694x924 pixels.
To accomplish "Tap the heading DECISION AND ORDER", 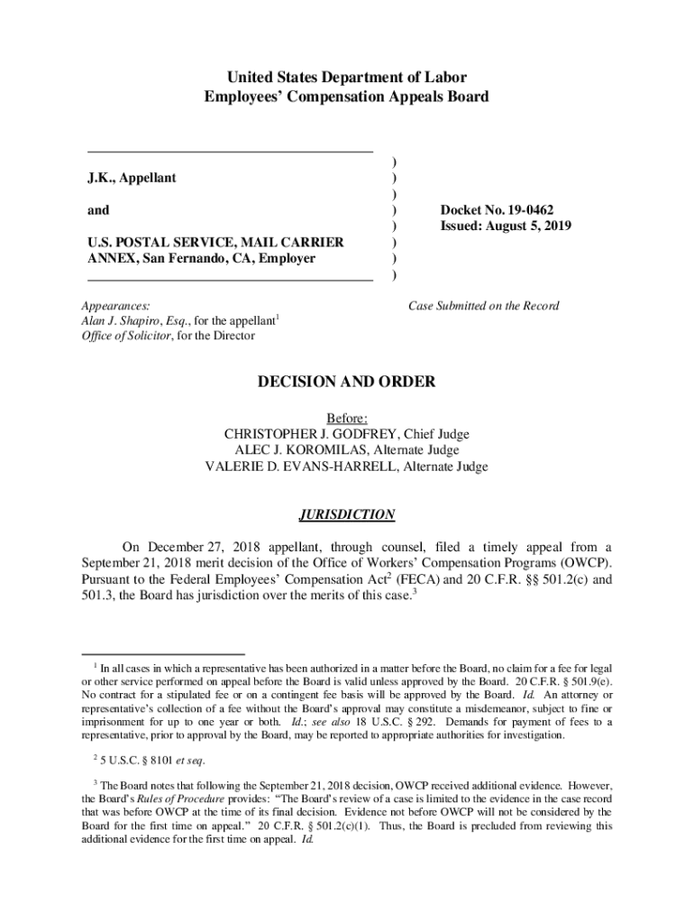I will (x=346, y=383).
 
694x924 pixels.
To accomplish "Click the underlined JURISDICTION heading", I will (x=346, y=514).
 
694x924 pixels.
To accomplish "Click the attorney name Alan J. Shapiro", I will (x=120, y=321).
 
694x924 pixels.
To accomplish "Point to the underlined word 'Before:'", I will (x=346, y=418).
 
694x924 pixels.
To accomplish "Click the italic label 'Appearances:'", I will (x=115, y=306).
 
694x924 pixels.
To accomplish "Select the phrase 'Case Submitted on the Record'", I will (x=483, y=306).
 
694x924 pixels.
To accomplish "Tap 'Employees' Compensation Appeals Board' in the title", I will (x=346, y=97).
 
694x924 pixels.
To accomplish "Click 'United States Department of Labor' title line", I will (x=346, y=77).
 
